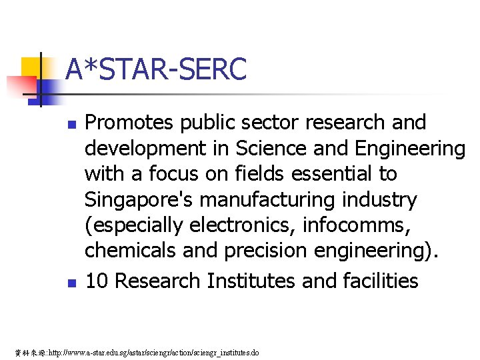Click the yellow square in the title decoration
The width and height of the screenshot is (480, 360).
(x=31, y=67)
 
